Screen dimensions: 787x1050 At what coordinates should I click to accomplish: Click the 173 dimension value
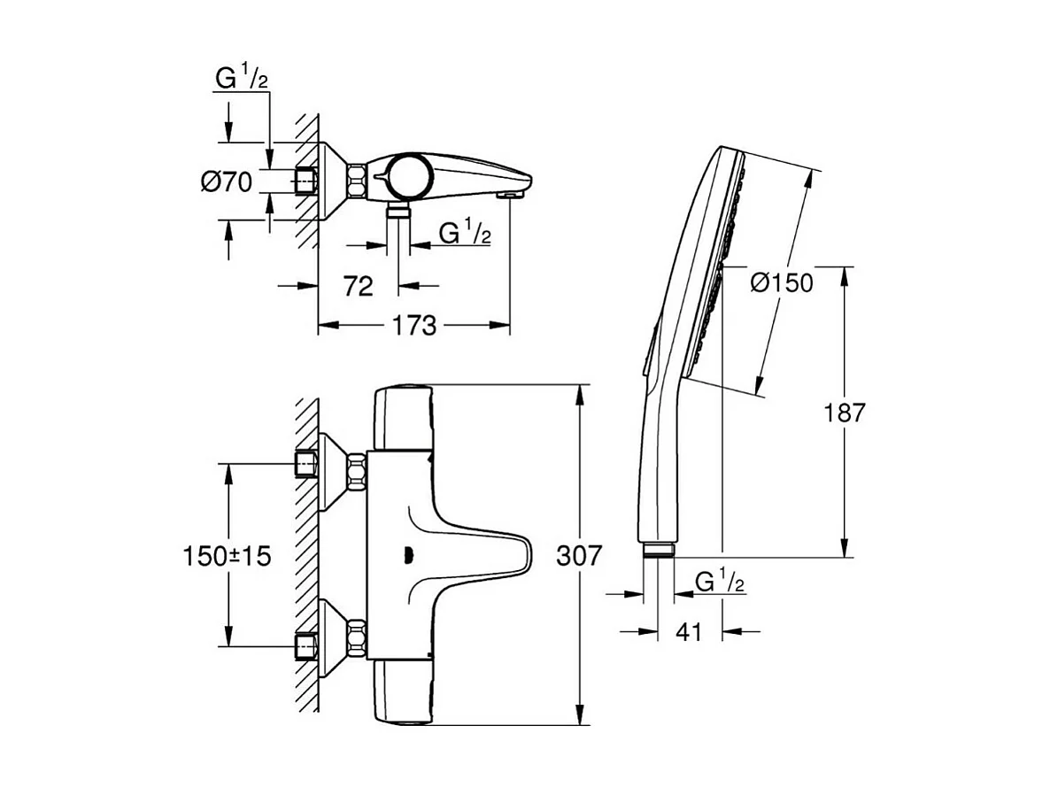[415, 326]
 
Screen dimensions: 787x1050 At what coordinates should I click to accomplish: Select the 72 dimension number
[358, 285]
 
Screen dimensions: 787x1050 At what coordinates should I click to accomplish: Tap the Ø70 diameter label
[227, 182]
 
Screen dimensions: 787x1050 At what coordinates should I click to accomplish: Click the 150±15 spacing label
[227, 556]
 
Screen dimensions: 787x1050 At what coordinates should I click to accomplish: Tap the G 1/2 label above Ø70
[242, 79]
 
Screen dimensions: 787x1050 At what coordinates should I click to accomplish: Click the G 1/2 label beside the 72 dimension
[466, 234]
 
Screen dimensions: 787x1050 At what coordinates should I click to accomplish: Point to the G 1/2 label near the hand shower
[720, 582]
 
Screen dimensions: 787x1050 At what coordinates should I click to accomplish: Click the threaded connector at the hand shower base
[658, 550]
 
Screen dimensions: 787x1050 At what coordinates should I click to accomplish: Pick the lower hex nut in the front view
[357, 637]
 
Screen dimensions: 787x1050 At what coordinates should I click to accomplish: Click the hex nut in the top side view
[357, 181]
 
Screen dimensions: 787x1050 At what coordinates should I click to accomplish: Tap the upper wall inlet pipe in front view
[306, 464]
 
